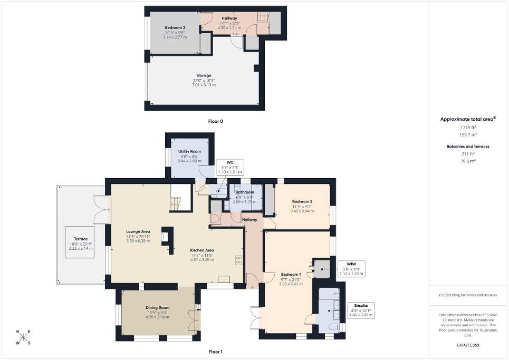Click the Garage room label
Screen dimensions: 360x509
[204, 75]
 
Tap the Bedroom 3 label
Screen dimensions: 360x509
[175, 27]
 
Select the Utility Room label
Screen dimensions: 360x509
[189, 152]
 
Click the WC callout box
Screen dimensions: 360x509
[230, 167]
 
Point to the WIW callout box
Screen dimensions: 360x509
[352, 268]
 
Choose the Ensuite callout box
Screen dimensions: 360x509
[361, 309]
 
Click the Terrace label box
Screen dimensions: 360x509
[81, 242]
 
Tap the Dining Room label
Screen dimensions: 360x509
[157, 308]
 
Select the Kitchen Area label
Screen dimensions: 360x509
[202, 250]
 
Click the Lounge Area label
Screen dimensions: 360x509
[138, 231]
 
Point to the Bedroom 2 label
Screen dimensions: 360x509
[302, 202]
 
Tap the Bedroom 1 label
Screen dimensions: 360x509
[291, 275]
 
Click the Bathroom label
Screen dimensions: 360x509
[245, 192]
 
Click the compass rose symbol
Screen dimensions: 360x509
[23, 337]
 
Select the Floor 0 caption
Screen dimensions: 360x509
[216, 122]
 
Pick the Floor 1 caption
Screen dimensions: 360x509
[216, 352]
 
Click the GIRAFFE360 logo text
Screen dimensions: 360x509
[468, 345]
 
